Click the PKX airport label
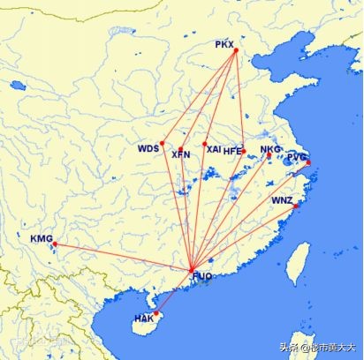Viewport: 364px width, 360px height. [x=225, y=43]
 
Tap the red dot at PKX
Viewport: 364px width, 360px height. [x=237, y=50]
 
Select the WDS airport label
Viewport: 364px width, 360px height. [x=148, y=148]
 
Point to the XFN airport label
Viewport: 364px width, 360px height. [x=180, y=154]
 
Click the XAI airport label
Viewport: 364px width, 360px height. [x=214, y=149]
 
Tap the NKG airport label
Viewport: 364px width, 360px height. [x=270, y=149]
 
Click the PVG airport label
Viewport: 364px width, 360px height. [x=297, y=156]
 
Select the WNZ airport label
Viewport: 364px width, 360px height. [x=282, y=200]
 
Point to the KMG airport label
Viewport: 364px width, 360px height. [x=42, y=238]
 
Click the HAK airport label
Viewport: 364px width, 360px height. [x=144, y=318]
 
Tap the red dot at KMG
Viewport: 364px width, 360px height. [x=53, y=244]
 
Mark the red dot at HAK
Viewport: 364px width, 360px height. [x=156, y=313]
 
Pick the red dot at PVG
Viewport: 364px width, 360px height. [x=307, y=162]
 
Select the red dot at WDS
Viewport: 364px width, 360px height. [x=162, y=143]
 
